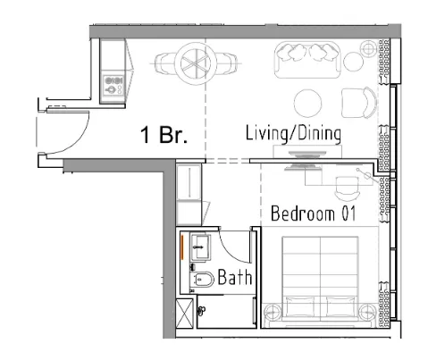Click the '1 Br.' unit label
pos(164,135)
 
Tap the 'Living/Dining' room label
pos(293,133)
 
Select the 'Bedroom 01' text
pos(314,213)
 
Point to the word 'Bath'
pos(235,277)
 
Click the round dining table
pos(196,63)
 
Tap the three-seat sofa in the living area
pos(307,60)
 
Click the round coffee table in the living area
pos(307,103)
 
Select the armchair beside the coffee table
pos(358,103)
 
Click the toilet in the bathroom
pos(202,279)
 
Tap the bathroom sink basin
pos(201,247)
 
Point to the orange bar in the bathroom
pos(182,247)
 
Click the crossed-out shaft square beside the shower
pos(185,314)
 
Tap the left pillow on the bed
pos(300,306)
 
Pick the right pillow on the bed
pos(340,306)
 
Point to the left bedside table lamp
pos(273,312)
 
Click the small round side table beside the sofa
pos(353,62)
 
